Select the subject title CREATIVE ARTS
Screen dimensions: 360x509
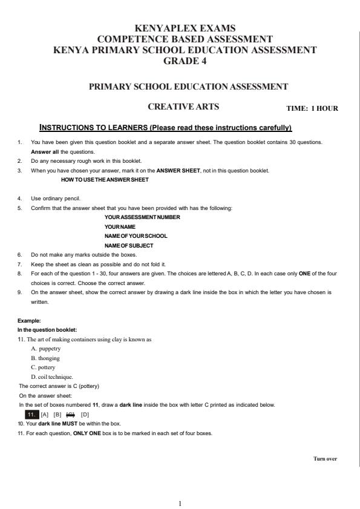pyautogui.click(x=183, y=107)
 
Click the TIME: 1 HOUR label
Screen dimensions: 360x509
pyautogui.click(x=312, y=108)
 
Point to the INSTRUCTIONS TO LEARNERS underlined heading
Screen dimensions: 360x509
pyautogui.click(x=165, y=128)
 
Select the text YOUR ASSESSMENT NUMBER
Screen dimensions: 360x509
pyautogui.click(x=142, y=217)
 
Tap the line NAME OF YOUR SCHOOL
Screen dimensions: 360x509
pyautogui.click(x=136, y=235)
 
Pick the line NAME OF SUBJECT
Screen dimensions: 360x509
pyautogui.click(x=129, y=245)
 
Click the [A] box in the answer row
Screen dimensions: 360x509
pyautogui.click(x=45, y=414)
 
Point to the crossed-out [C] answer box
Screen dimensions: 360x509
pyautogui.click(x=71, y=414)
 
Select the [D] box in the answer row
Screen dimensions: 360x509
pyautogui.click(x=85, y=414)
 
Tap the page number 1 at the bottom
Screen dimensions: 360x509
pyautogui.click(x=180, y=502)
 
